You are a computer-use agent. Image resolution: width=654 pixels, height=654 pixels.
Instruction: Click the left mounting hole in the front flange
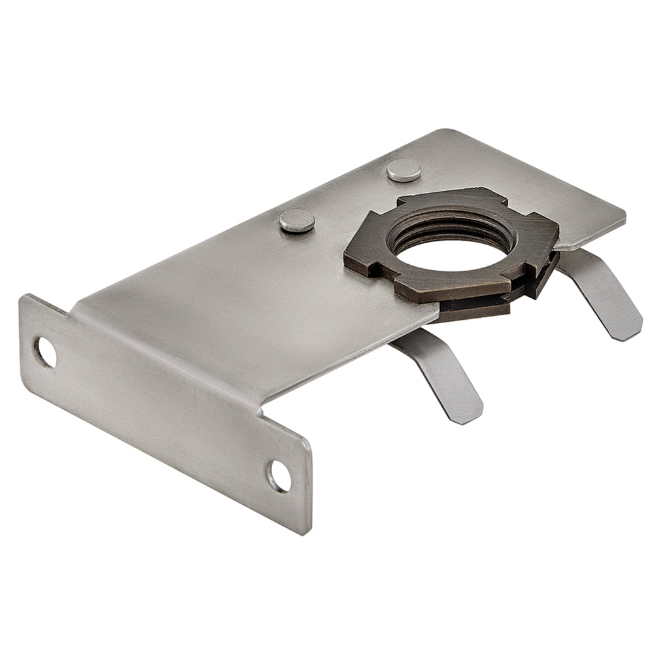45,352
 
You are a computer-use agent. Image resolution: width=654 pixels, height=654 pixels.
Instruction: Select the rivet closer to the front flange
297,220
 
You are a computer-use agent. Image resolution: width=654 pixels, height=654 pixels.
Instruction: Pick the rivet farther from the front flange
404,170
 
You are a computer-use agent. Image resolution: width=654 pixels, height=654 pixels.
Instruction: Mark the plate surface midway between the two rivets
351,196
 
